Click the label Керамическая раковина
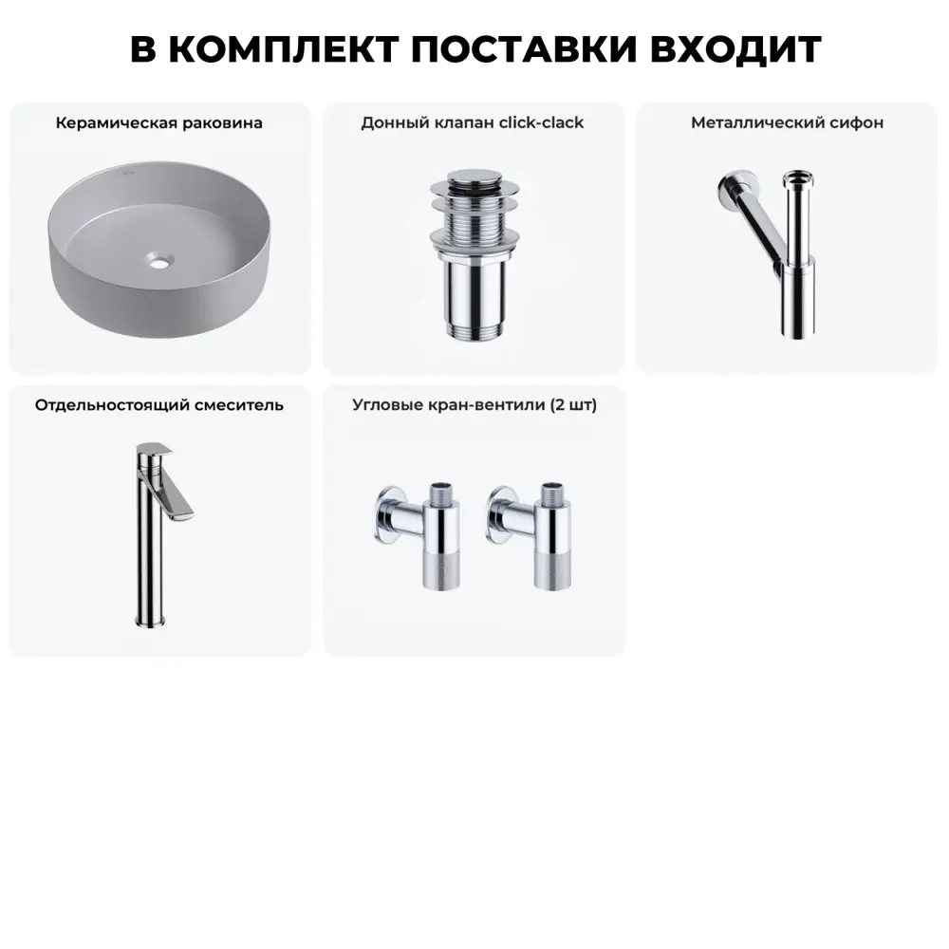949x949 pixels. point(159,122)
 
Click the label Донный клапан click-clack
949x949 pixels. point(473,122)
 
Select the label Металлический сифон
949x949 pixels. point(787,122)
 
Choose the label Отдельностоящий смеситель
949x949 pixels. point(159,405)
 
